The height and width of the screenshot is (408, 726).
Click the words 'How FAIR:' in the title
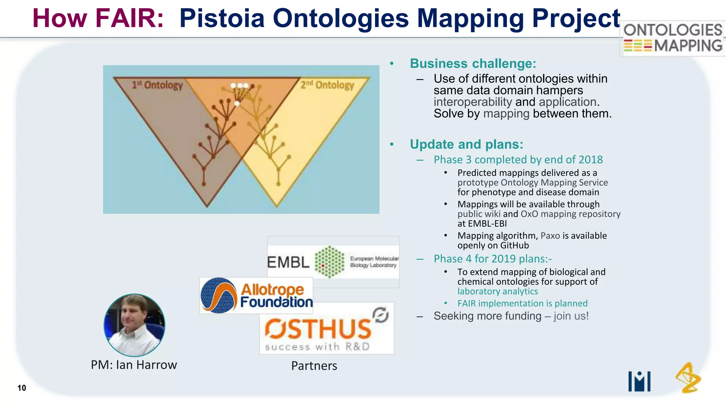pyautogui.click(x=98, y=18)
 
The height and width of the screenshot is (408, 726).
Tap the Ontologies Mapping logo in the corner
pyautogui.click(x=673, y=38)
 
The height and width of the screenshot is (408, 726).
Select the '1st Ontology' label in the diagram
pyautogui.click(x=157, y=85)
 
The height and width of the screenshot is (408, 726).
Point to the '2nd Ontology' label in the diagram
pyautogui.click(x=327, y=85)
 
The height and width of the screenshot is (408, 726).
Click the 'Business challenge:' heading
pyautogui.click(x=473, y=64)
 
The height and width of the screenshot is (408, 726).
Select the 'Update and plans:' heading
pyautogui.click(x=466, y=144)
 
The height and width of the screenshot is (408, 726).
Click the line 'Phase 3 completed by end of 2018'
pyautogui.click(x=518, y=160)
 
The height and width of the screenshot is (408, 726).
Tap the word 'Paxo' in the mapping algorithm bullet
pyautogui.click(x=550, y=236)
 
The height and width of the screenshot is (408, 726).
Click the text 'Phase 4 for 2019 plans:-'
pyautogui.click(x=492, y=259)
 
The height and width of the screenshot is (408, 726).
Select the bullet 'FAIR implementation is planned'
pyautogui.click(x=522, y=304)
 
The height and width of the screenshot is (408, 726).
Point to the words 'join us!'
pyautogui.click(x=571, y=316)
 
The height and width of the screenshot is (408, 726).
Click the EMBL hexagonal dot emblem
pyautogui.click(x=329, y=262)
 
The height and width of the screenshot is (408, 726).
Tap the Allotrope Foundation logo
pyautogui.click(x=256, y=296)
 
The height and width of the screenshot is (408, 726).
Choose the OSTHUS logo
pyautogui.click(x=326, y=329)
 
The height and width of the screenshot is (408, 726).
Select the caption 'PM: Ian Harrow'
pyautogui.click(x=134, y=365)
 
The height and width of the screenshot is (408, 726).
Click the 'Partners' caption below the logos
pyautogui.click(x=314, y=366)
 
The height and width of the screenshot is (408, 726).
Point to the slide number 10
pyautogui.click(x=22, y=388)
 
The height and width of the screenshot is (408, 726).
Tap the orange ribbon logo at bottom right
pyautogui.click(x=688, y=378)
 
